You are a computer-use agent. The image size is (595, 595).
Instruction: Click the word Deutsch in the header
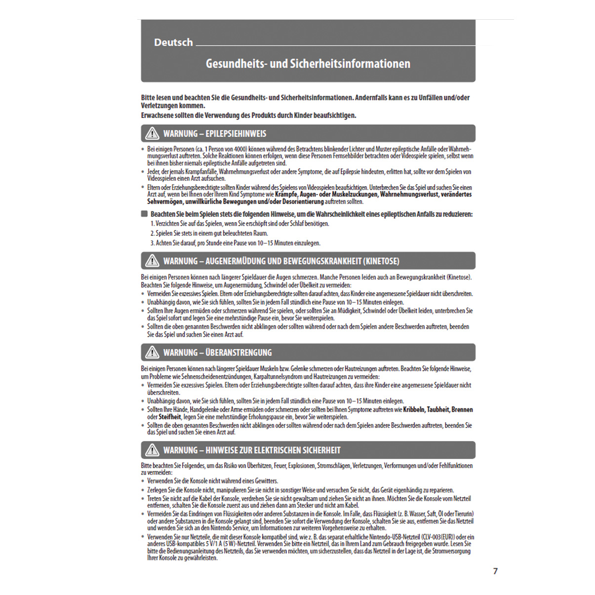click(x=173, y=42)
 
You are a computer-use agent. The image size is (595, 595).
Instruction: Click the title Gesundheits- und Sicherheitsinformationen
click(x=308, y=64)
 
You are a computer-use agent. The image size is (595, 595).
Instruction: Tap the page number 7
click(x=495, y=571)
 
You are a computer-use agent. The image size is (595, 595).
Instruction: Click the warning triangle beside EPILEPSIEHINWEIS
click(x=152, y=133)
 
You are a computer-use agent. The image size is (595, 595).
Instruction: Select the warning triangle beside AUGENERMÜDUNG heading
click(x=152, y=261)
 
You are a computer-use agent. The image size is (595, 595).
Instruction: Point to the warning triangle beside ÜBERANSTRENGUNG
click(x=152, y=352)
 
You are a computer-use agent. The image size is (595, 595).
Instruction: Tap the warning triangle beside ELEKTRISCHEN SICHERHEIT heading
click(x=152, y=450)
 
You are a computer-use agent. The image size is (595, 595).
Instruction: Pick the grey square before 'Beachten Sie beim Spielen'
click(x=144, y=214)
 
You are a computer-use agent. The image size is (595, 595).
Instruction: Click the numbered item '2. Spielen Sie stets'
click(x=209, y=234)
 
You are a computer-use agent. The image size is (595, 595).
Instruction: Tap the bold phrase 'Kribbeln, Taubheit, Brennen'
click(x=438, y=410)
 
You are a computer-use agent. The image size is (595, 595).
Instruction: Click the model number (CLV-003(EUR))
click(x=438, y=537)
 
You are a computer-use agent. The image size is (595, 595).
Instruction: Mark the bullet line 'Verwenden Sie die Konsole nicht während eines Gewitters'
click(x=212, y=481)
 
